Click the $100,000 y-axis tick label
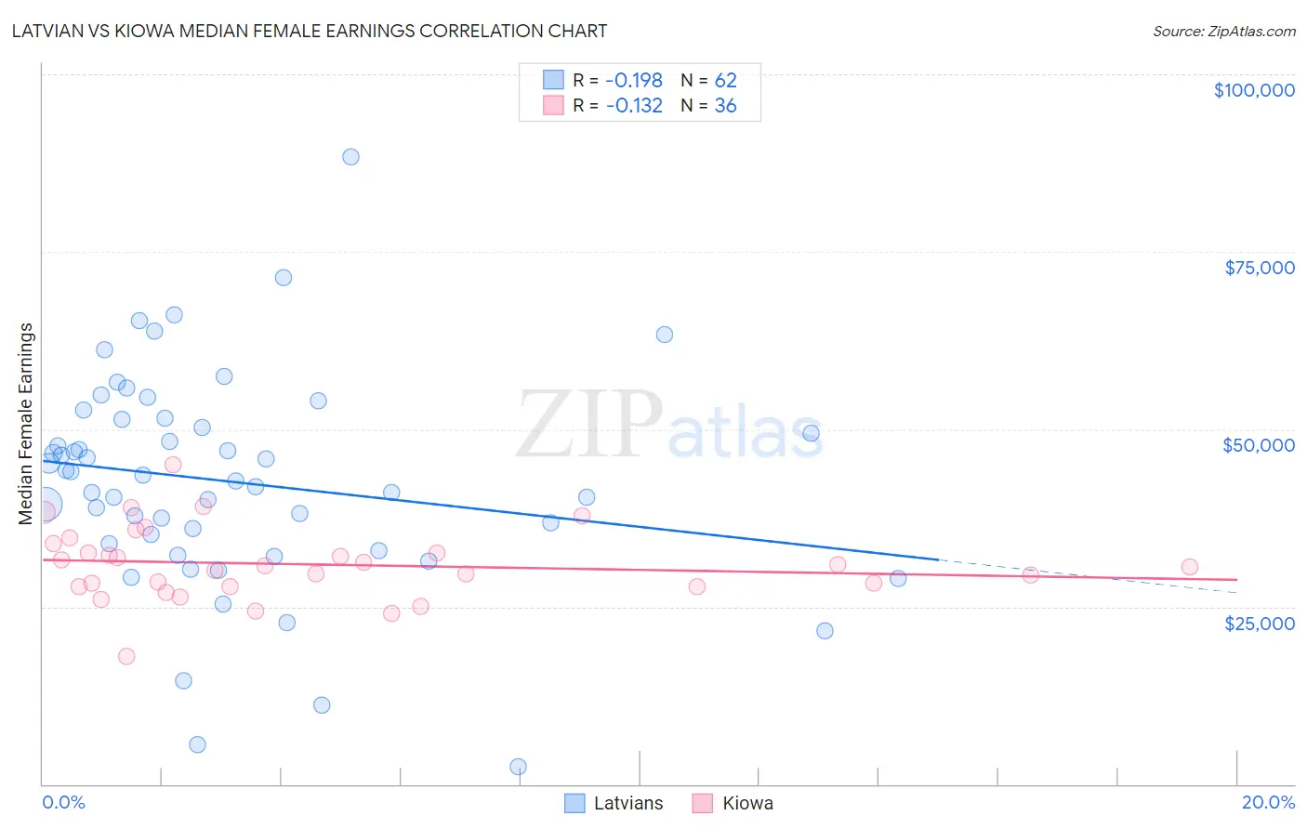pos(1254,90)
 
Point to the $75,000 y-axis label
pos(1260,268)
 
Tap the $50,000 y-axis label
pos(1259,445)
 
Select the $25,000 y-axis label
pos(1260,623)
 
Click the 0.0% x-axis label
pos(63,802)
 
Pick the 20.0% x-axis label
pos(1268,802)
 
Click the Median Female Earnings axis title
pos(26,424)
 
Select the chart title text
pos(310,31)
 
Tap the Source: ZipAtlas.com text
pos(1223,31)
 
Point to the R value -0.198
pos(634,81)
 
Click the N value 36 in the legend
pos(725,106)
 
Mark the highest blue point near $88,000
pos(350,156)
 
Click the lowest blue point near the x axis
pos(518,767)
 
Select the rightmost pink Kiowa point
pos(1189,567)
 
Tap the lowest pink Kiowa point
pos(126,656)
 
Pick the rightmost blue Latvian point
pos(898,578)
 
